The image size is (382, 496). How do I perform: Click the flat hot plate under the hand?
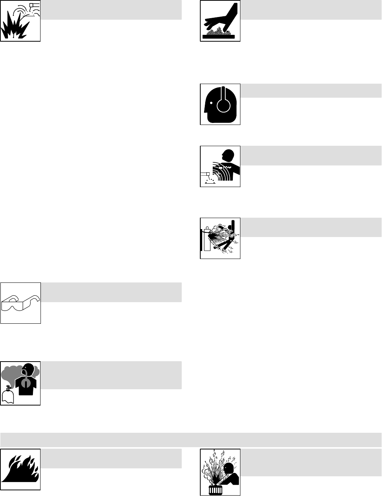[x=220, y=37]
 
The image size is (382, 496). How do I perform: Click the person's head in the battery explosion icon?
[x=228, y=468]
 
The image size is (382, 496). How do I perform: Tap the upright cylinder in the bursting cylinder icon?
[x=207, y=239]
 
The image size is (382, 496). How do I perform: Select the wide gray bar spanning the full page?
[x=191, y=440]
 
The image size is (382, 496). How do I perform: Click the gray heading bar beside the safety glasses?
[x=111, y=292]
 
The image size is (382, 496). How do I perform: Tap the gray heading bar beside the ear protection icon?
[x=311, y=91]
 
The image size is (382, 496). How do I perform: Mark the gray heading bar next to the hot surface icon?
[x=311, y=10]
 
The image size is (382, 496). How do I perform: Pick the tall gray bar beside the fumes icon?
[x=111, y=375]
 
